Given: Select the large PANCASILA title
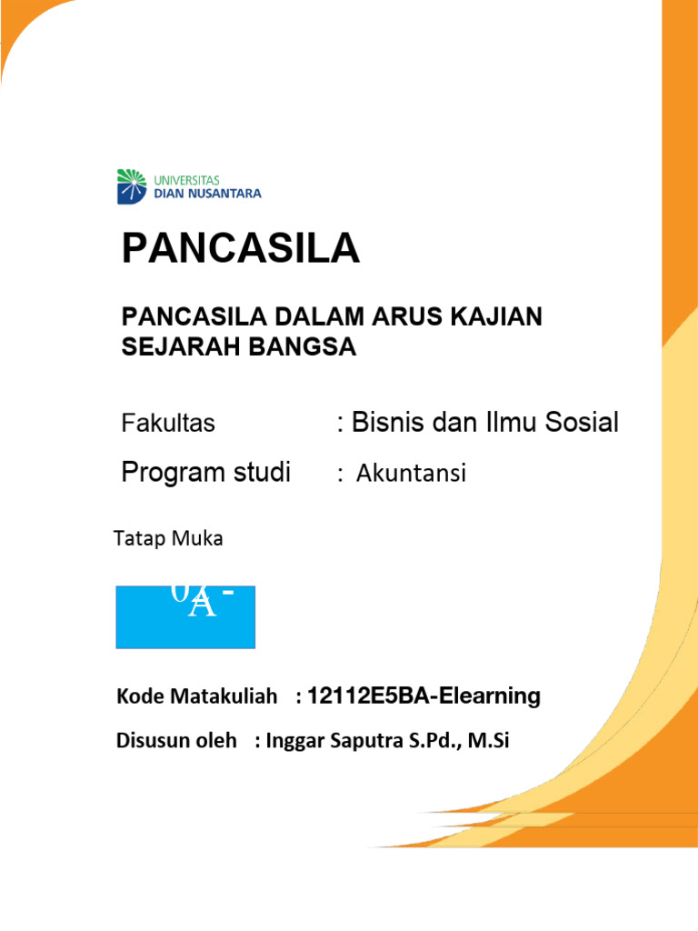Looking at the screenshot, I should [241, 248].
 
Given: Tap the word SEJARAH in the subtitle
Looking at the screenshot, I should [178, 346].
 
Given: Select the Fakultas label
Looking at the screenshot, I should [168, 423].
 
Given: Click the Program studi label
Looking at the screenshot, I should [206, 473].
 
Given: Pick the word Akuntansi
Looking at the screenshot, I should [410, 474].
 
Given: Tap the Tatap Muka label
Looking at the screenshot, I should [168, 538].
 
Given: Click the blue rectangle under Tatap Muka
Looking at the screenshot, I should [185, 616].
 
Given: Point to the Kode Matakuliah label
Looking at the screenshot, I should [196, 696].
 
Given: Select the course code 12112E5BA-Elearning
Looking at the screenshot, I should [424, 696].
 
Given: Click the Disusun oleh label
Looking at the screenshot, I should [170, 740].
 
